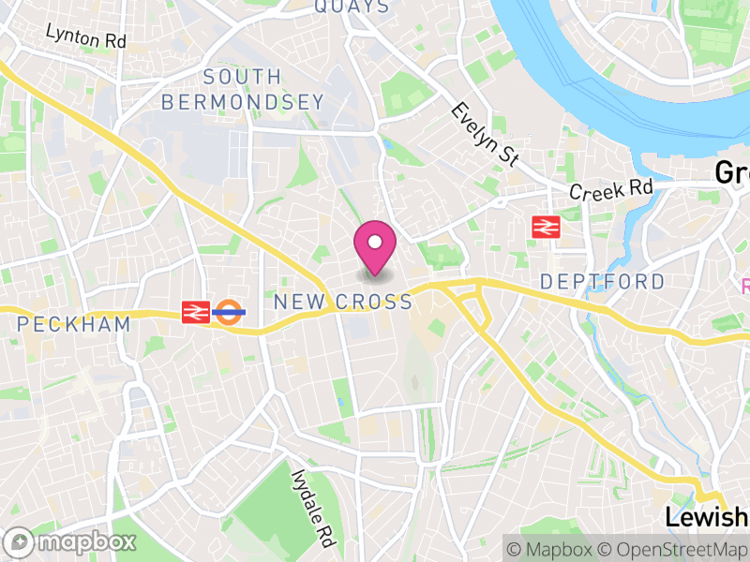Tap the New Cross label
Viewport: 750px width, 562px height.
coord(342,302)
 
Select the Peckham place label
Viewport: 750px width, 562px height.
coord(74,324)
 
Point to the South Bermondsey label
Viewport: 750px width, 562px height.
coord(242,90)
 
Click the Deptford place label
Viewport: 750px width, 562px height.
coord(603,281)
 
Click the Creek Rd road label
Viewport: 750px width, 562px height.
coord(611,188)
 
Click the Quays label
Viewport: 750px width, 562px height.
coord(352,7)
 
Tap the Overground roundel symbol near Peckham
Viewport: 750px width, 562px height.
coord(228,312)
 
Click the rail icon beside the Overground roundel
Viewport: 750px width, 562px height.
coord(196,312)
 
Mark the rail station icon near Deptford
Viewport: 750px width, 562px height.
coord(545,227)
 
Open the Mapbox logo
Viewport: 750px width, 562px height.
coord(71,541)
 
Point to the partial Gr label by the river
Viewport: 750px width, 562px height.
coord(731,172)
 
